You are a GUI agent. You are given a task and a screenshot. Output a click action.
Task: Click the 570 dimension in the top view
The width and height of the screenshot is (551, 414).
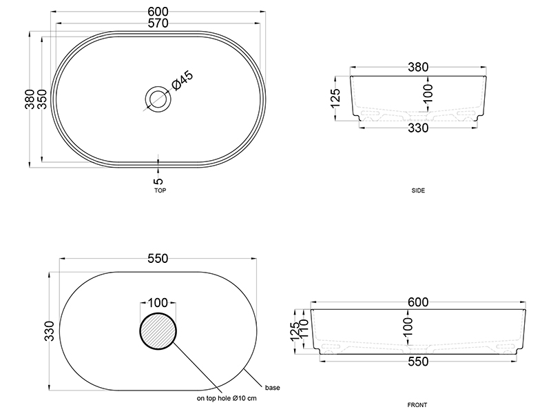point(158,23)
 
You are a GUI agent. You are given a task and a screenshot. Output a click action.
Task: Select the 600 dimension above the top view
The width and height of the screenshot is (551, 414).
point(158,12)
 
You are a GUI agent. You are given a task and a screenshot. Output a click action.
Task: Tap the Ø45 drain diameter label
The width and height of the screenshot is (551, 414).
point(183,81)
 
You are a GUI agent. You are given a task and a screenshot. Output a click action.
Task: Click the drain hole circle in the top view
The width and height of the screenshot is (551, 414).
point(158,99)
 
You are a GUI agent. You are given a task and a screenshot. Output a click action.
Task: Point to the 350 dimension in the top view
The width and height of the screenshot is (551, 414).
point(42,99)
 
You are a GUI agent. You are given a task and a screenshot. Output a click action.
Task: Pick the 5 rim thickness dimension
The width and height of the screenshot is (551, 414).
point(158,181)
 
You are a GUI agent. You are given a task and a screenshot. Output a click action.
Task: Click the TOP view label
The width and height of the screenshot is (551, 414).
point(160,190)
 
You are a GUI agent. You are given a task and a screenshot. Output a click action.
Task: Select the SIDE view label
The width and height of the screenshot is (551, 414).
point(418,190)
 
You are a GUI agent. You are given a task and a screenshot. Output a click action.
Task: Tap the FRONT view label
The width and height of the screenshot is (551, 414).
point(417,405)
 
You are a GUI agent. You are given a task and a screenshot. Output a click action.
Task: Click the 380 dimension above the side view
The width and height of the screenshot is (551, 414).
point(418,67)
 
